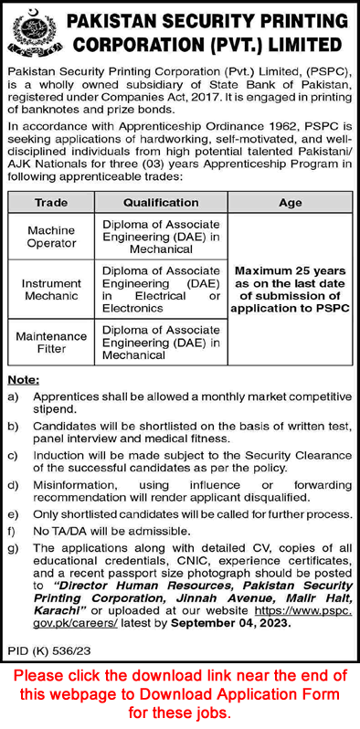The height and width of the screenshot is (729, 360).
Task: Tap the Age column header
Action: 290,202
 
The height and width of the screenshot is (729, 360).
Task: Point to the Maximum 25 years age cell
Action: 290,290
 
